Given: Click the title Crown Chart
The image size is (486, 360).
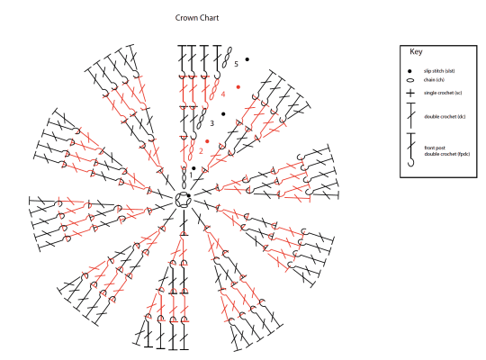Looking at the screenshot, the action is click(197, 18).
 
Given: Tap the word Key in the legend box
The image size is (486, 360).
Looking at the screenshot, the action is click(416, 52).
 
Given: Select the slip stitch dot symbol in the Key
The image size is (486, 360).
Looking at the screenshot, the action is click(409, 71).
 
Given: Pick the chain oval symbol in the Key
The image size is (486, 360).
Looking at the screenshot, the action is click(410, 80).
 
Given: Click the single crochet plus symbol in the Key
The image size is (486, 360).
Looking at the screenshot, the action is click(410, 93).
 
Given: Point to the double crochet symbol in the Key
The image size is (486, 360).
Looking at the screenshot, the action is click(411, 115).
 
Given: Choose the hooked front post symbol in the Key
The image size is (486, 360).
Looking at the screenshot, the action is click(411, 149).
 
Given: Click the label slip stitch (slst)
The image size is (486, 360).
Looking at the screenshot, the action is click(439, 71).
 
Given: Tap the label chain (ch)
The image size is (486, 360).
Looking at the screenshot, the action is click(434, 80).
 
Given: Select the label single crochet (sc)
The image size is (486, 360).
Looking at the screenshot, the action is click(443, 93).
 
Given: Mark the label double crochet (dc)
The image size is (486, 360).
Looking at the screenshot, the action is click(445, 117).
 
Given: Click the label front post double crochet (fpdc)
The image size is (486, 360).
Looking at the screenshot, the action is click(447, 151).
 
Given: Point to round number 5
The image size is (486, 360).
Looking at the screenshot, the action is click(236, 64).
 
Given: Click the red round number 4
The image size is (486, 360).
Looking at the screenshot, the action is click(223, 94).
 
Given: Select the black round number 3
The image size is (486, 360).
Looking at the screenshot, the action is click(212, 123).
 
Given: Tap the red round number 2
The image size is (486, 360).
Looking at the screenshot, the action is click(201, 151).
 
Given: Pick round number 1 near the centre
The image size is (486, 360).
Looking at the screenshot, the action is click(191, 175).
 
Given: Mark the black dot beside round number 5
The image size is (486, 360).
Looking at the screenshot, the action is click(247, 59).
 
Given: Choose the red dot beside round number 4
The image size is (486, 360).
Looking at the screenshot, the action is click(238, 87).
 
